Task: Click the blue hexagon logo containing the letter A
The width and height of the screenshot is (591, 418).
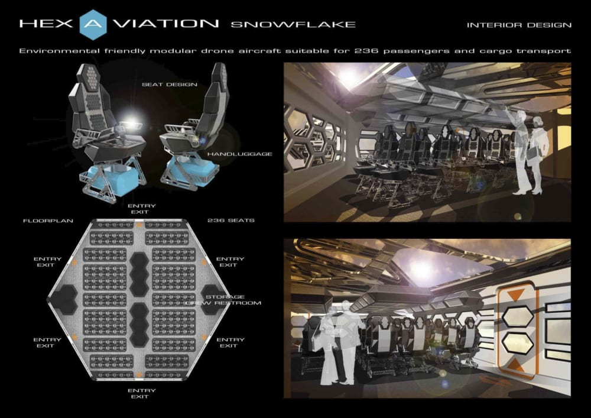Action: (x=93, y=24)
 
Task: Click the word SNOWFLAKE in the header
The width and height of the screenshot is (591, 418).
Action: (x=293, y=25)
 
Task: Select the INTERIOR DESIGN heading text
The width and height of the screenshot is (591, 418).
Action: (x=519, y=25)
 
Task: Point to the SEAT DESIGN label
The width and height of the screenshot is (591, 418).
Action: (x=168, y=85)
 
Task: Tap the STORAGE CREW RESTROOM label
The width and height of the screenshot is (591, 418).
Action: (x=225, y=300)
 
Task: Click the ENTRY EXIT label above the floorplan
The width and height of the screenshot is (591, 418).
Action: (x=142, y=209)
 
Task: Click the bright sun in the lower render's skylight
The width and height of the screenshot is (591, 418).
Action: (x=421, y=269)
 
